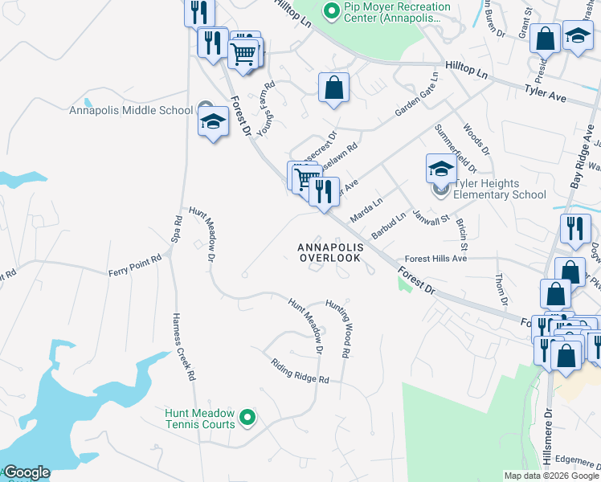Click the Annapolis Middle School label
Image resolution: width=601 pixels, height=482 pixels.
130,111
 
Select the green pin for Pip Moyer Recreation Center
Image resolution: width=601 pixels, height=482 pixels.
329,10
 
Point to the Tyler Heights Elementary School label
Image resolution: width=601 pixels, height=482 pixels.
500,189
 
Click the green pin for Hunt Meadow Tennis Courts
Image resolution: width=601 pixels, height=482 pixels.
248,417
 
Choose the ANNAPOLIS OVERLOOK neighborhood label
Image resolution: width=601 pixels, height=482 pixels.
331,253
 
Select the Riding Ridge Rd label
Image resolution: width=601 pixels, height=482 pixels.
300,370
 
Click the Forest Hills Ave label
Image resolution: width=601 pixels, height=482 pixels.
435,259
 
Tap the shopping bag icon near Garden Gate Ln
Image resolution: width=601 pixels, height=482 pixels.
333,88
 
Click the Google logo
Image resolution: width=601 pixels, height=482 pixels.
27,472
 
